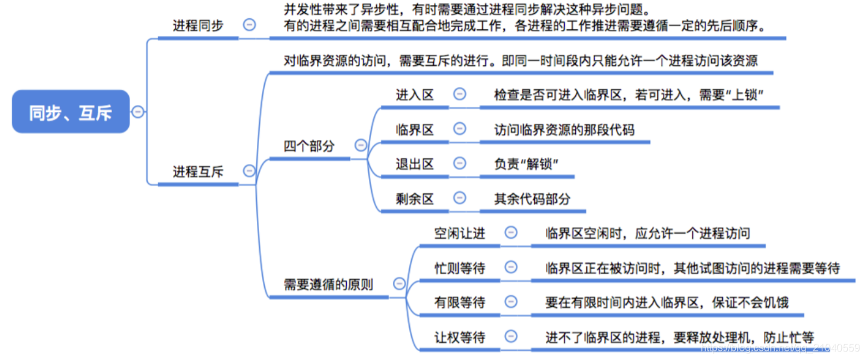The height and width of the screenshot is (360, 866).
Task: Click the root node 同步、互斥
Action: tap(71, 112)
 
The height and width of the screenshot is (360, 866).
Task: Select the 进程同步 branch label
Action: tap(198, 25)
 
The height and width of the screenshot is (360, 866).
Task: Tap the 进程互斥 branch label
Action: tap(198, 172)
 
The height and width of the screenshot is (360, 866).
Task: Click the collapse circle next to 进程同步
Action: tap(249, 25)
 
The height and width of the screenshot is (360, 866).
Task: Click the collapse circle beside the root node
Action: tap(138, 112)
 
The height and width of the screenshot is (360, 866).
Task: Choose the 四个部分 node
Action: tap(309, 146)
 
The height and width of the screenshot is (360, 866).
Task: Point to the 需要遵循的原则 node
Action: tap(329, 284)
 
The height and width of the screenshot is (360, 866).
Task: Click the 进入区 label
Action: tap(415, 94)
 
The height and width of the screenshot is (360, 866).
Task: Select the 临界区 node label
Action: tap(415, 130)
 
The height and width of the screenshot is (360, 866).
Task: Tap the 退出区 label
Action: tap(415, 163)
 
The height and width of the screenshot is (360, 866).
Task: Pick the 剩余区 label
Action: tap(415, 199)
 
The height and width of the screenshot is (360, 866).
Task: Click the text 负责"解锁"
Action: tap(527, 163)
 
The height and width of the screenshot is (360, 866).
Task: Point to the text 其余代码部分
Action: tap(532, 199)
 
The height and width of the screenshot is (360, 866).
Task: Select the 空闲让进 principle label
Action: tap(460, 233)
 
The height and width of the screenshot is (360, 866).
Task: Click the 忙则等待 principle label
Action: tap(460, 268)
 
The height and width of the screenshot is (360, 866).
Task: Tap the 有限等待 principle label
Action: tap(460, 302)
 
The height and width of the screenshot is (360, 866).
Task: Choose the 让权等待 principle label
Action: tap(460, 337)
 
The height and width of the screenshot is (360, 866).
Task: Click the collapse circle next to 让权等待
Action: tap(511, 337)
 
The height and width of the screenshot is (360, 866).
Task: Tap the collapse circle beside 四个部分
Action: tap(360, 145)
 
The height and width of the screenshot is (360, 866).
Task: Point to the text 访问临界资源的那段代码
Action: tap(564, 130)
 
